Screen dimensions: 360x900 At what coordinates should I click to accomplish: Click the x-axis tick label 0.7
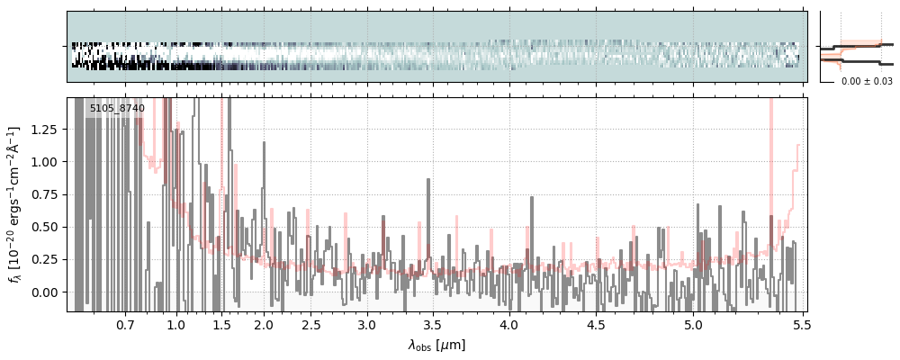125,324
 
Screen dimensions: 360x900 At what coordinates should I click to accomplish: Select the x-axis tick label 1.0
176,324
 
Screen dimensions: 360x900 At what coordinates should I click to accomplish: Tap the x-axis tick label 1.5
222,324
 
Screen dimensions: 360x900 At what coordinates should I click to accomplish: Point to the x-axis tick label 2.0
264,324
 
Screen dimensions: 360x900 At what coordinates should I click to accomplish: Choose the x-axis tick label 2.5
310,324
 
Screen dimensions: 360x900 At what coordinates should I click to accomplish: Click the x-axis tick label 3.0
366,324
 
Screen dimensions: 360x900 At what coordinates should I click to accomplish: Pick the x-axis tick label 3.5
433,324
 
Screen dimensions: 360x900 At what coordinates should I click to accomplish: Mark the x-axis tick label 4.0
508,324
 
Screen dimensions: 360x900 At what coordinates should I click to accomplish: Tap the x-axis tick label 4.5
596,324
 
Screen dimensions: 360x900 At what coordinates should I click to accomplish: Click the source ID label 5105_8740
117,109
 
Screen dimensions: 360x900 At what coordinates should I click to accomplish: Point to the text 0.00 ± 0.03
867,82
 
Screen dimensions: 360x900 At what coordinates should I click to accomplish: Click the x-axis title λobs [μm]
436,345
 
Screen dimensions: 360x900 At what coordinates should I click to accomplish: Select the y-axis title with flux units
15,204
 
